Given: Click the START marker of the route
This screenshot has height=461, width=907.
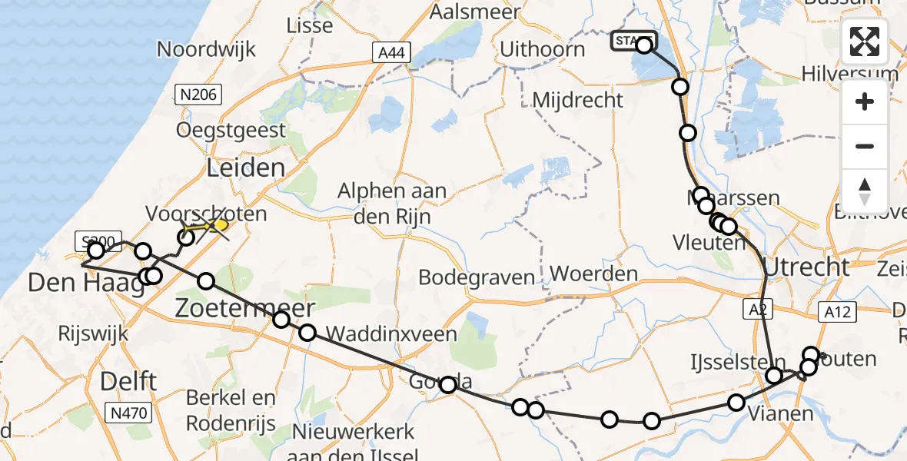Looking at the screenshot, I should (x=634, y=41).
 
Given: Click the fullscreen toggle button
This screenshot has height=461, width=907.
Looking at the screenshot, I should (x=865, y=41).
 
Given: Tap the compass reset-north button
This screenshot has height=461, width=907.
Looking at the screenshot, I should (x=865, y=191).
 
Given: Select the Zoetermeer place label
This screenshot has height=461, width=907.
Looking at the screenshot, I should (x=244, y=309).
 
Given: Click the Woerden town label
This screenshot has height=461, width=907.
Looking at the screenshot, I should (x=594, y=274).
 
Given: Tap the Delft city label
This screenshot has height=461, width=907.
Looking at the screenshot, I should (x=128, y=380).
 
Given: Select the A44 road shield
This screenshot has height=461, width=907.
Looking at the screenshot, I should (x=392, y=53).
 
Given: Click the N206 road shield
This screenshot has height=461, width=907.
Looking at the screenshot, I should (x=198, y=95).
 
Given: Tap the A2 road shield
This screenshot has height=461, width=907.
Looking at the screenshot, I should (x=755, y=309).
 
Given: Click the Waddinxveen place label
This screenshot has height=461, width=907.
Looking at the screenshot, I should (x=391, y=333).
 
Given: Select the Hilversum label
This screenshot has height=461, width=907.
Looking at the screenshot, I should (x=849, y=75).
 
